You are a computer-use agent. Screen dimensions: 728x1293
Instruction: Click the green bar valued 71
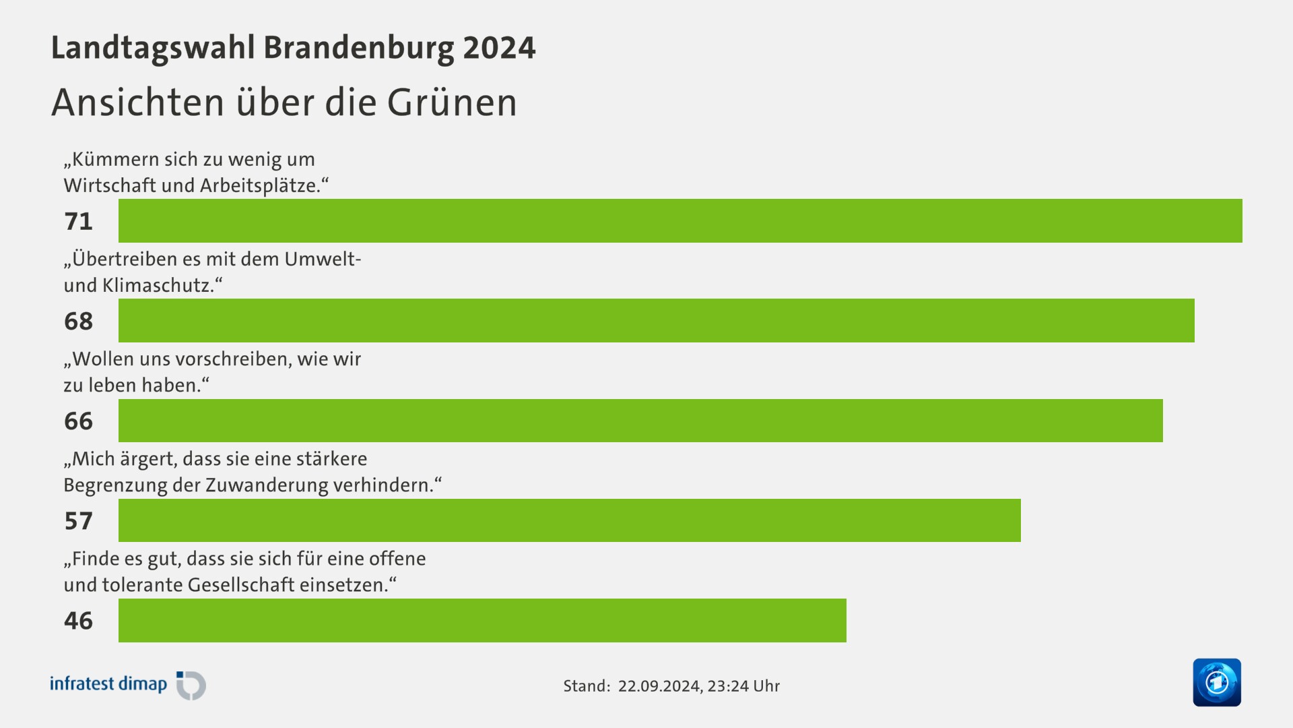pyautogui.click(x=680, y=220)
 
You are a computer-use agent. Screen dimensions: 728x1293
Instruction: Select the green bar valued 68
pyautogui.click(x=657, y=320)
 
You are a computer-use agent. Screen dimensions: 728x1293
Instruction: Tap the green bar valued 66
pyautogui.click(x=640, y=421)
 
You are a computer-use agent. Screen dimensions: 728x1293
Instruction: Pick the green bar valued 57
pyautogui.click(x=570, y=520)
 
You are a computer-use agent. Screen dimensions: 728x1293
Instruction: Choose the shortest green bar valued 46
pyautogui.click(x=482, y=620)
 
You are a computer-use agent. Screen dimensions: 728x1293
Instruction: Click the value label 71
pyautogui.click(x=78, y=221)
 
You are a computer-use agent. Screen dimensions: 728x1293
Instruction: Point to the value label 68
pyautogui.click(x=78, y=321)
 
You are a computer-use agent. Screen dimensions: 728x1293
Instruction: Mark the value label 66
pyautogui.click(x=78, y=421)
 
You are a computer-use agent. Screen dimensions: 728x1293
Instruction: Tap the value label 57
pyautogui.click(x=78, y=520)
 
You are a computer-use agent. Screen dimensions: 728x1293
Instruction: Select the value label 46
pyautogui.click(x=78, y=620)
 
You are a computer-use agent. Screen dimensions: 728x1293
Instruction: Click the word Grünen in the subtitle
pyautogui.click(x=452, y=102)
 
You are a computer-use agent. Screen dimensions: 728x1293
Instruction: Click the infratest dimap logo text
pyautogui.click(x=108, y=684)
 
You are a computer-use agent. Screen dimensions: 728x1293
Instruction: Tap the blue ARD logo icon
pyautogui.click(x=1216, y=682)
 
